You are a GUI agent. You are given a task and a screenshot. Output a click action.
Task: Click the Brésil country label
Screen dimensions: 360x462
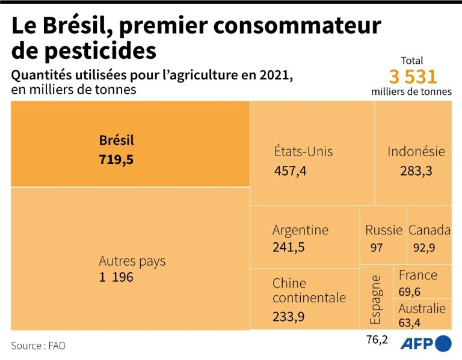point(116,141)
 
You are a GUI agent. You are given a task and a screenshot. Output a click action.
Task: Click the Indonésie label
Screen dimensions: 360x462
point(416,151)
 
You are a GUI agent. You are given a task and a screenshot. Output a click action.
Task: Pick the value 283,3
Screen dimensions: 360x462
point(416,171)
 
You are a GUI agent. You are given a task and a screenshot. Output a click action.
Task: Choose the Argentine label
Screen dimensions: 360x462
point(300,230)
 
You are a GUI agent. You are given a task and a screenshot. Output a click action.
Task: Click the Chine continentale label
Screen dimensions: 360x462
point(309,290)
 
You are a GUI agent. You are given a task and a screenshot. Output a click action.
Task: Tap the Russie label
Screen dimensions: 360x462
point(383,230)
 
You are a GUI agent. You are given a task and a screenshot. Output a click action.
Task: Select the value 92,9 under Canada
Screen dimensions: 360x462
point(424,247)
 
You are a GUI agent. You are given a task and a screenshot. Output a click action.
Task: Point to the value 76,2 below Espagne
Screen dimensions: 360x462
point(377,340)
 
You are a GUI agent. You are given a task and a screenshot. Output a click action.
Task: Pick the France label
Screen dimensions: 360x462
point(417,275)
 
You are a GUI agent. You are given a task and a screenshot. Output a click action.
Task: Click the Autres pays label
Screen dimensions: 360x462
point(132,261)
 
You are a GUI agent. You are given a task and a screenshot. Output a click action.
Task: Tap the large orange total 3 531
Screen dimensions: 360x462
point(412,77)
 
